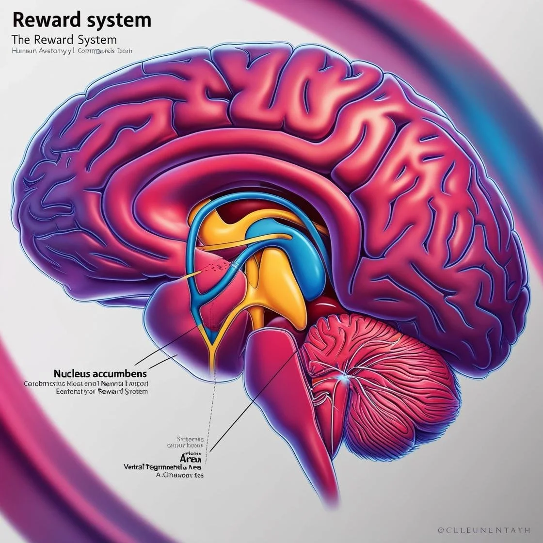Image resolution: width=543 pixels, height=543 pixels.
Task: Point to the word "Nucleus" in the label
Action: (x=73, y=374)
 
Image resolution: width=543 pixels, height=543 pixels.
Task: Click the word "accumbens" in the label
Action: (x=121, y=374)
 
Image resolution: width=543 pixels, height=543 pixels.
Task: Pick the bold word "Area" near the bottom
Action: (x=191, y=458)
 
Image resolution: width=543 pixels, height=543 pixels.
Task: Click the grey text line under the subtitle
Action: (x=72, y=50)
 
